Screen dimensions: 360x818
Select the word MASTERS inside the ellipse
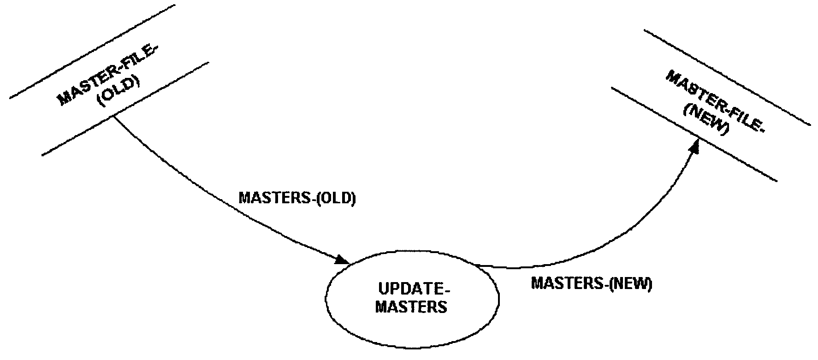(x=411, y=307)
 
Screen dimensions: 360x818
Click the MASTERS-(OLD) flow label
(x=297, y=199)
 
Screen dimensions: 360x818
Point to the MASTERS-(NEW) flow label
(x=592, y=283)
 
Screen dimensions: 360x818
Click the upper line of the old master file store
(x=92, y=52)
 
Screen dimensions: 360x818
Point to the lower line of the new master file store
(x=694, y=134)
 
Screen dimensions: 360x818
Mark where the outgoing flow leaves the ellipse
(x=480, y=266)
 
